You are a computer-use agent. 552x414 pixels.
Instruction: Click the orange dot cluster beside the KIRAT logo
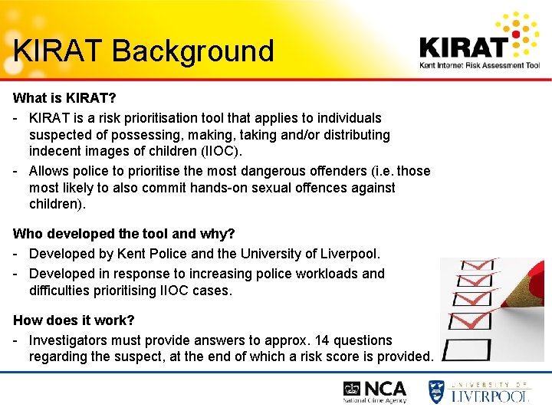(526, 35)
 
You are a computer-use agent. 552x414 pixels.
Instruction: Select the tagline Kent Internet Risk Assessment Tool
(479, 66)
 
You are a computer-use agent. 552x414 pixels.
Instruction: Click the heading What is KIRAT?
(64, 99)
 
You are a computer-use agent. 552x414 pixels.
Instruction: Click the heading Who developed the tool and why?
(124, 234)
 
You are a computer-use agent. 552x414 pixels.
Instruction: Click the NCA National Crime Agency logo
(375, 392)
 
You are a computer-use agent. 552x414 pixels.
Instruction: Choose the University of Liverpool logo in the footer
(479, 391)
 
